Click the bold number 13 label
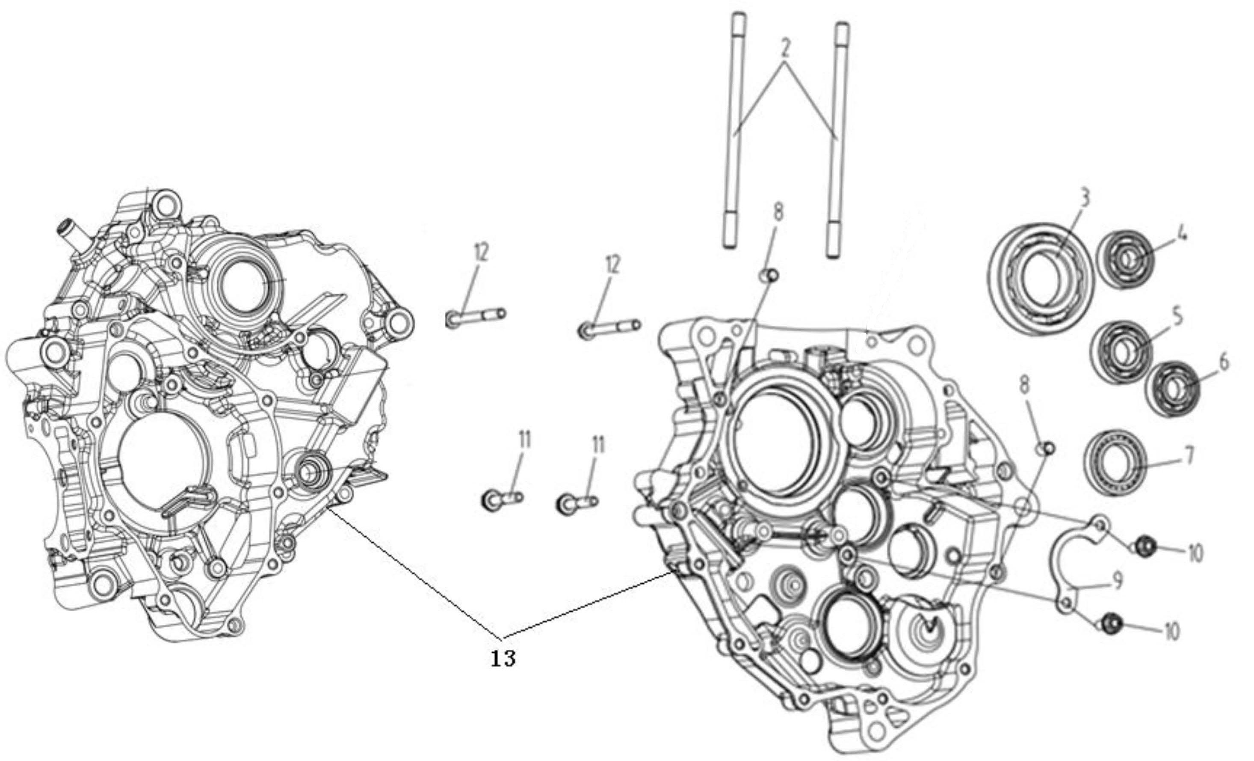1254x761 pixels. pos(503,659)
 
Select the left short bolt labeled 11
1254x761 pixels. pos(501,499)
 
